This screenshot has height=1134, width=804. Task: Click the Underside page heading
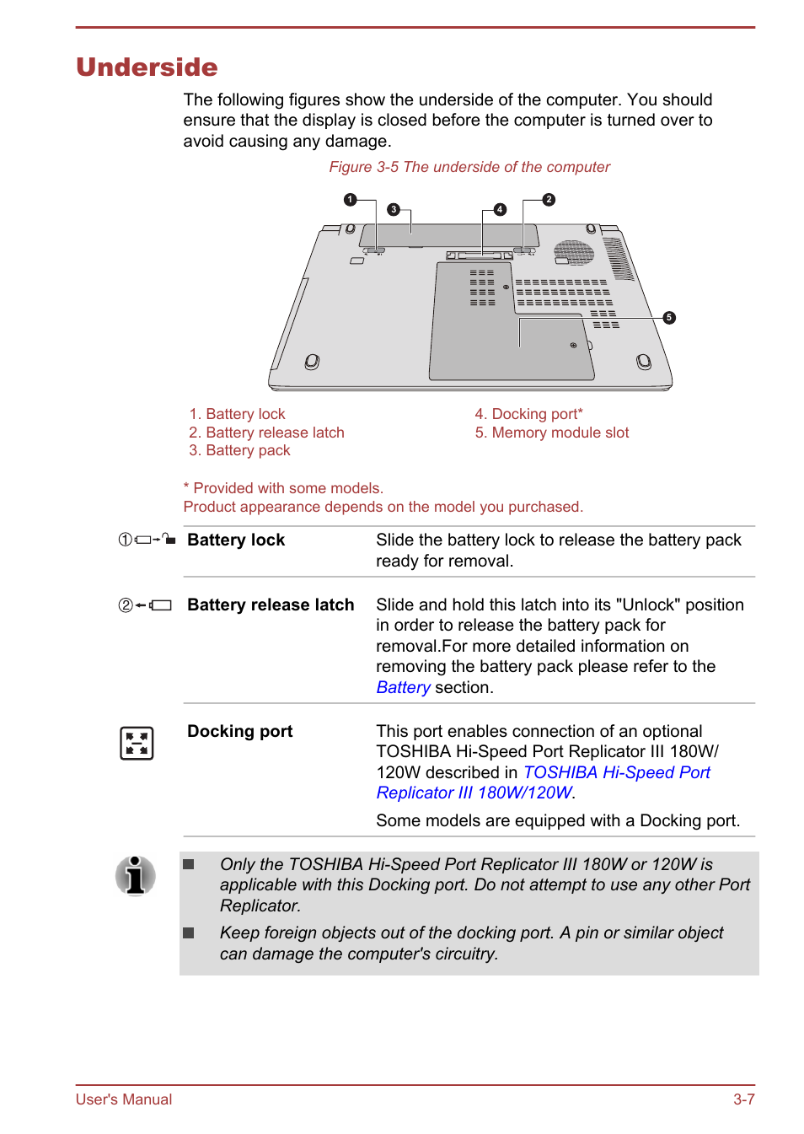pyautogui.click(x=147, y=67)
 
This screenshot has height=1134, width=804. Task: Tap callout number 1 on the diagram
pyautogui.click(x=350, y=200)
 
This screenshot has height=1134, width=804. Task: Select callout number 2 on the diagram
pyautogui.click(x=549, y=200)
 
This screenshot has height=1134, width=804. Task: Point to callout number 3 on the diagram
pyautogui.click(x=394, y=209)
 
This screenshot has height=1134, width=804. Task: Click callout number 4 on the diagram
pyautogui.click(x=500, y=209)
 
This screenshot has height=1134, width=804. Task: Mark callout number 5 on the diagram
pyautogui.click(x=669, y=318)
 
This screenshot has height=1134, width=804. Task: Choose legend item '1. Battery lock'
pyautogui.click(x=237, y=414)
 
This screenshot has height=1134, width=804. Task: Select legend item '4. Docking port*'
pyautogui.click(x=528, y=414)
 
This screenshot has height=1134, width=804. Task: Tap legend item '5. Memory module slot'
pyautogui.click(x=551, y=433)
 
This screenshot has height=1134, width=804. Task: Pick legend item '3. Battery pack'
pyautogui.click(x=239, y=450)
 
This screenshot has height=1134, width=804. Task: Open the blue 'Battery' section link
pyautogui.click(x=403, y=687)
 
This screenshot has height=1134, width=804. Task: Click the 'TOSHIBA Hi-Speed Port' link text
pyautogui.click(x=616, y=772)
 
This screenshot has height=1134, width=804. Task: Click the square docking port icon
pyautogui.click(x=137, y=743)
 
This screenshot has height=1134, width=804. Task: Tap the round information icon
pyautogui.click(x=136, y=875)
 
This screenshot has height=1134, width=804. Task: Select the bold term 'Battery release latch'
pyautogui.click(x=271, y=605)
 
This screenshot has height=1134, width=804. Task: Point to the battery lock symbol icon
pyautogui.click(x=147, y=540)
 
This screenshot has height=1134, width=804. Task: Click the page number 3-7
pyautogui.click(x=743, y=1099)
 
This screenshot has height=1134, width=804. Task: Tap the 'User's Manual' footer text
pyautogui.click(x=124, y=1099)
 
